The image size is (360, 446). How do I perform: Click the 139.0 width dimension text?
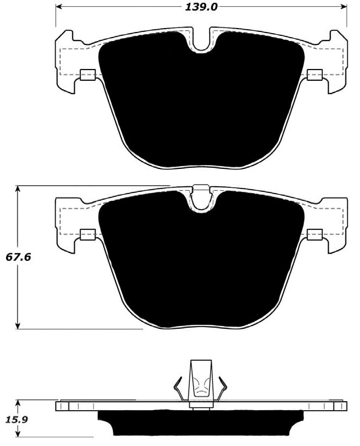[x=201, y=7]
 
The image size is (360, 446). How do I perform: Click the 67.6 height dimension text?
[x=18, y=258]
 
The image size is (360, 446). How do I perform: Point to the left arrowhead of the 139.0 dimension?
[x=60, y=7]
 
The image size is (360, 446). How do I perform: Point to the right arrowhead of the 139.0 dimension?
[x=344, y=7]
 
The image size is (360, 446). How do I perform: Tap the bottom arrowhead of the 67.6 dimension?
[x=19, y=325]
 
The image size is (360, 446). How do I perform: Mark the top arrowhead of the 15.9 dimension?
[x=19, y=403]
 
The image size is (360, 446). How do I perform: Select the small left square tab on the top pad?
[x=88, y=75]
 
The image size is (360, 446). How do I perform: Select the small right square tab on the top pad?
[x=315, y=75]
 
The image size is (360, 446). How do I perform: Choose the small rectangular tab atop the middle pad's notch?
[x=201, y=189]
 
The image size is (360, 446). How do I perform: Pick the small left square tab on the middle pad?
[x=88, y=235]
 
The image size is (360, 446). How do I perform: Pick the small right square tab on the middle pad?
[x=315, y=235]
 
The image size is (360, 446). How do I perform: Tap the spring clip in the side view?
[x=201, y=381]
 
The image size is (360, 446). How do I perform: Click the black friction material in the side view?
[x=201, y=424]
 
